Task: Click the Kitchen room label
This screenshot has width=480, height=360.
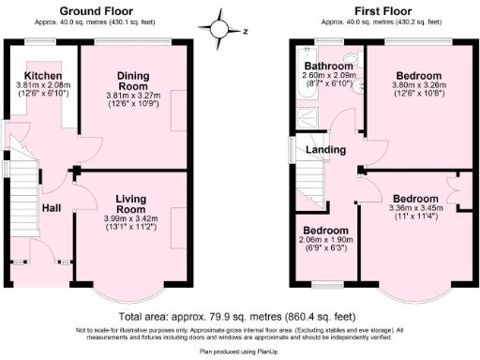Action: [43, 76]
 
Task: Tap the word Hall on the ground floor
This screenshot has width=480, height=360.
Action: [51, 209]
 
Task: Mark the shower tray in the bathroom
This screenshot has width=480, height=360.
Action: [307, 116]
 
